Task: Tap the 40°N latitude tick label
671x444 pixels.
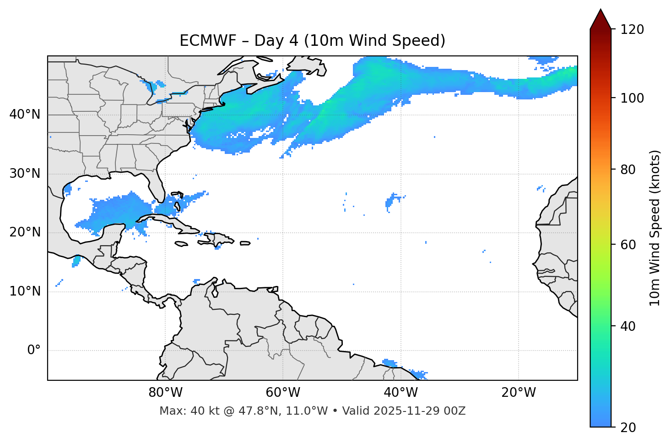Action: (25, 115)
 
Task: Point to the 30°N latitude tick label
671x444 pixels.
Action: (25, 174)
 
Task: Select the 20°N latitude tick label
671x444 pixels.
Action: (25, 232)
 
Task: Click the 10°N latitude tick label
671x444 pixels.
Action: (25, 291)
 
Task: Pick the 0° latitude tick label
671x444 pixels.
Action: (33, 351)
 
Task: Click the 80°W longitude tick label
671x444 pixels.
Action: (165, 393)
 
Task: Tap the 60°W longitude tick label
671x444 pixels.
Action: (283, 393)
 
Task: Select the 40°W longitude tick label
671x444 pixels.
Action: (400, 393)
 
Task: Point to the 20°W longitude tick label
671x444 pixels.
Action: (518, 393)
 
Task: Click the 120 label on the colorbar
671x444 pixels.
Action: (632, 30)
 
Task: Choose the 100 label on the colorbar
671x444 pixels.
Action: (632, 98)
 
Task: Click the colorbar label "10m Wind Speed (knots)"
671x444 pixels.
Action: (655, 228)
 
